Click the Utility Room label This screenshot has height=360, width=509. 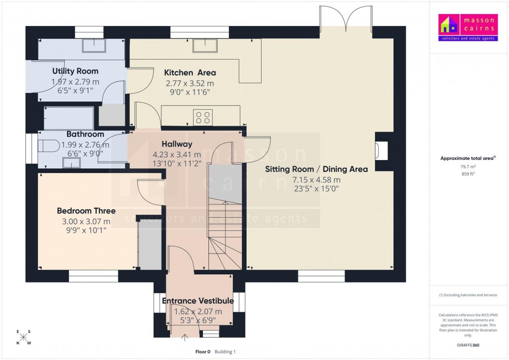(75, 71)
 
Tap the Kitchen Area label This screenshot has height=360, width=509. (190, 73)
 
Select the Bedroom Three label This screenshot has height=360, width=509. (86, 211)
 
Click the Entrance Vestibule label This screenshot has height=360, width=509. (198, 301)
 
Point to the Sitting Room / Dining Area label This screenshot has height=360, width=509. (316, 169)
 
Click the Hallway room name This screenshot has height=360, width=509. (177, 144)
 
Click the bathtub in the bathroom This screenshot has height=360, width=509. (69, 118)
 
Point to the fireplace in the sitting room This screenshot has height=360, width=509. (382, 151)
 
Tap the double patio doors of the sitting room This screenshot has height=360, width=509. (346, 18)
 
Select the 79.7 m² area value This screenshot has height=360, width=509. (465, 167)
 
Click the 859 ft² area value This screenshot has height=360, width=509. (465, 174)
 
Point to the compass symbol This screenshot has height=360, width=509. (23, 337)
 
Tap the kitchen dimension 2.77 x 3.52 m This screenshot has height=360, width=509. (190, 83)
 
